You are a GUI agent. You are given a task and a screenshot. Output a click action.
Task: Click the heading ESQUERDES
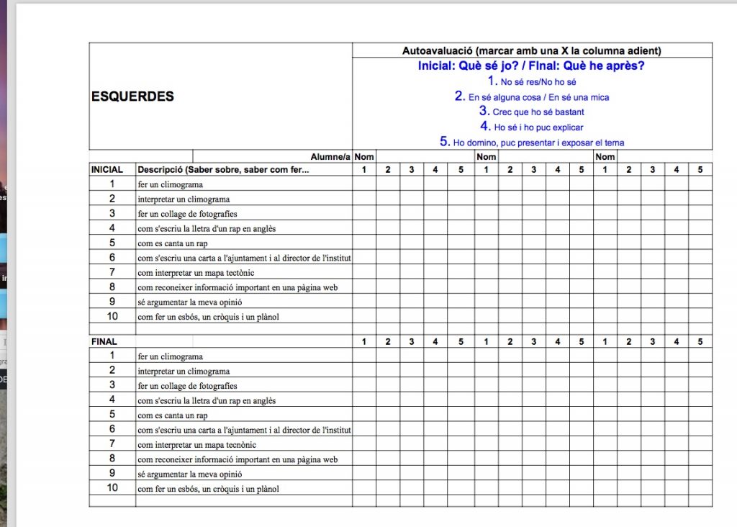[132, 96]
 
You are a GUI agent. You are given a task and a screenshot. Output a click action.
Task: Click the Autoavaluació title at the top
[531, 50]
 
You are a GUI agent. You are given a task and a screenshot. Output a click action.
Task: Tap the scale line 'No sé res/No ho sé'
[532, 81]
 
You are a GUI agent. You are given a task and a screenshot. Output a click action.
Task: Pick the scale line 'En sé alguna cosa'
[532, 96]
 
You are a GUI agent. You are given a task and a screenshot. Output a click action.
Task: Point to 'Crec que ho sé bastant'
[532, 112]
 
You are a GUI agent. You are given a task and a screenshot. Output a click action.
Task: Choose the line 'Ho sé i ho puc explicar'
[532, 127]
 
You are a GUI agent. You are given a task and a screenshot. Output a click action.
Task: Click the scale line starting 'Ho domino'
[532, 142]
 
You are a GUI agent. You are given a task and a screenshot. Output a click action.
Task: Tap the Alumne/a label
[330, 156]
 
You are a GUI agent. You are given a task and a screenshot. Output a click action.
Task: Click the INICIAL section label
[107, 170]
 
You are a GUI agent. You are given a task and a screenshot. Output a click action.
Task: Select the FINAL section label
[104, 341]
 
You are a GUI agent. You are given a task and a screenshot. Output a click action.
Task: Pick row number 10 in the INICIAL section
[112, 317]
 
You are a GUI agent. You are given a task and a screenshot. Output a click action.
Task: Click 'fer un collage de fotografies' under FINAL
[187, 386]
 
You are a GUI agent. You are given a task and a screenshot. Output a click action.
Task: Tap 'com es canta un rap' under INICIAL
[173, 243]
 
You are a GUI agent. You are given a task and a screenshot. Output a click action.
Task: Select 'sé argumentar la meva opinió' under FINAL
[190, 474]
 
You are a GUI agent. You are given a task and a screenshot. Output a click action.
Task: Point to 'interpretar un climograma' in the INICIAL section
[184, 199]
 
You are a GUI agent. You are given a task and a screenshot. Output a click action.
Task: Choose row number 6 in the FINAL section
[112, 430]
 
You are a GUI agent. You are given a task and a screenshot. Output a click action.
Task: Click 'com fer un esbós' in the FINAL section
[208, 489]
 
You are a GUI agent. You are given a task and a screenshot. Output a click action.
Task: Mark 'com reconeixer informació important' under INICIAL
[238, 287]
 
